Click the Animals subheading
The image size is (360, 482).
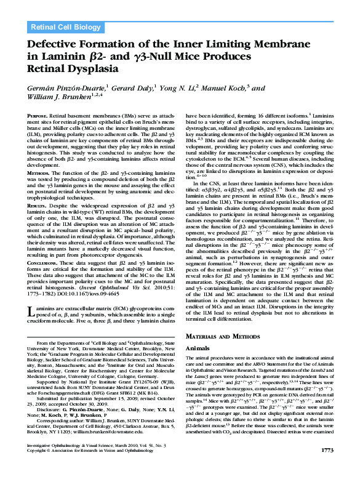(x=198, y=347)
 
